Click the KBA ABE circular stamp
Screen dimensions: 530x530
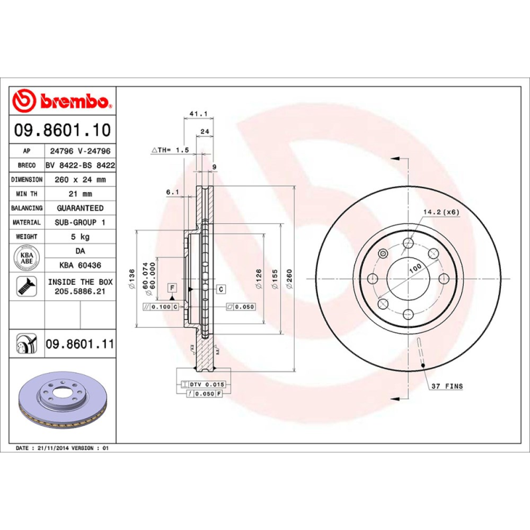(27, 258)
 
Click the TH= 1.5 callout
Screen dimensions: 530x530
(171, 150)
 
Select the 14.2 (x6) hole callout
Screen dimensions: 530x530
(441, 213)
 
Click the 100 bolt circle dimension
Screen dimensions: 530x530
(415, 268)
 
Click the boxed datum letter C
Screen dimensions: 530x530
(220, 288)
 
